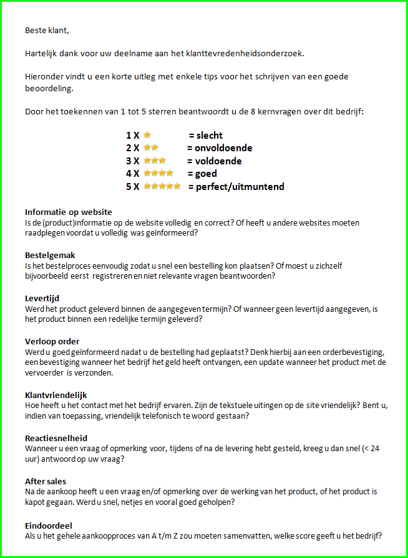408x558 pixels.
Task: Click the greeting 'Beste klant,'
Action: point(47,30)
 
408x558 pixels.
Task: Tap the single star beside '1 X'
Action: point(147,135)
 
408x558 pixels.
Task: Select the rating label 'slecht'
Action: point(210,136)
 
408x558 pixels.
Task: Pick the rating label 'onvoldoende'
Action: point(224,148)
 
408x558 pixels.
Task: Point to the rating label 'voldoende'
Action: point(218,161)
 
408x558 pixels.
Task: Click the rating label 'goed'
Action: point(206,174)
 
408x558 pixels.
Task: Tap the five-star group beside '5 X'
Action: point(162,186)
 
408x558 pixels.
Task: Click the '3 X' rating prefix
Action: point(132,161)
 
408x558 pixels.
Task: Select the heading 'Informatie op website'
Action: point(69,212)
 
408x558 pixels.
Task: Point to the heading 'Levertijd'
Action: point(42,299)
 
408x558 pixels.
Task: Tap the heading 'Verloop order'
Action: point(52,341)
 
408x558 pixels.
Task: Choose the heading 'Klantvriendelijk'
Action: point(56,395)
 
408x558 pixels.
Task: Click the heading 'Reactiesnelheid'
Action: point(56,438)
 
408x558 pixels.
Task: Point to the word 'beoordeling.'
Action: point(49,89)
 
